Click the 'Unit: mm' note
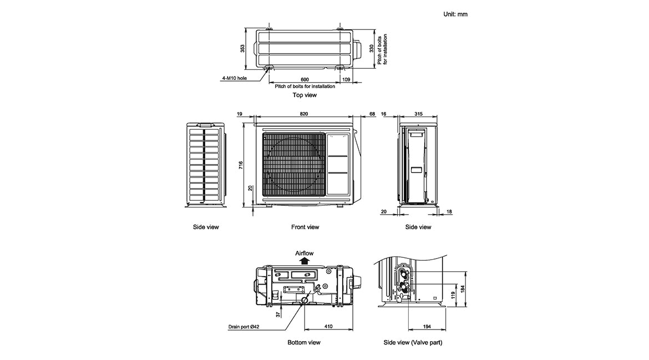point(455,14)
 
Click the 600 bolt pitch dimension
point(305,80)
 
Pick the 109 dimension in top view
point(347,80)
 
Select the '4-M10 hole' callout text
point(234,78)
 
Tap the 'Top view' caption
point(305,95)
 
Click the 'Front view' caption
point(305,227)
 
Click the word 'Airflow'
point(305,253)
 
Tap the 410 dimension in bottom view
point(328,327)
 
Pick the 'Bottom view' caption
point(304,342)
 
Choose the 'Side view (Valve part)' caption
point(413,342)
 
